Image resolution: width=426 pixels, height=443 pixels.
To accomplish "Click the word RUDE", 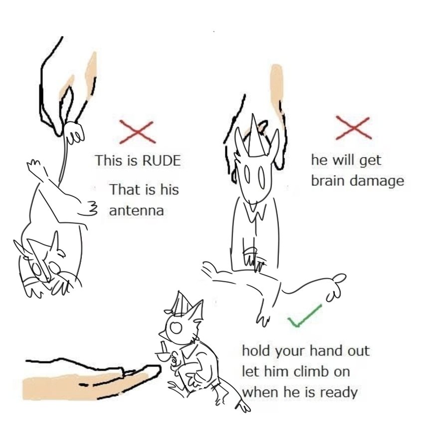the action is pyautogui.click(x=162, y=161).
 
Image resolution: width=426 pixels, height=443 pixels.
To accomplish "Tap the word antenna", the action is pyautogui.click(x=137, y=211).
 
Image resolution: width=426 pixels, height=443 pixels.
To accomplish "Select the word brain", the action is pyautogui.click(x=329, y=181).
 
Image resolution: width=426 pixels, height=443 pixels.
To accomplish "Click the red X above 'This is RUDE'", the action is pyautogui.click(x=137, y=132).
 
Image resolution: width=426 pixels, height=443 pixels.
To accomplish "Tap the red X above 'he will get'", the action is pyautogui.click(x=353, y=128).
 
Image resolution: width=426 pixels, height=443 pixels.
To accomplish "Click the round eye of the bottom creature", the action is pyautogui.click(x=176, y=327).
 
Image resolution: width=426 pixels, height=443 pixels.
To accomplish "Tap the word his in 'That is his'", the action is pyautogui.click(x=170, y=189).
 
